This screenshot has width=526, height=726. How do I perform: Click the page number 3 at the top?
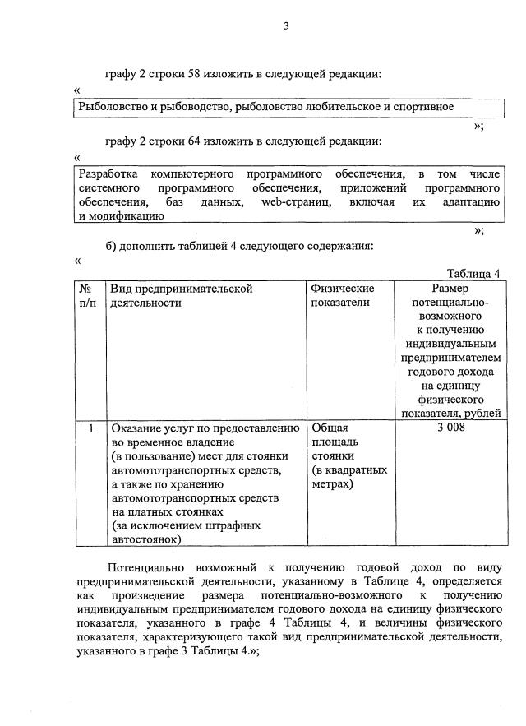(286, 25)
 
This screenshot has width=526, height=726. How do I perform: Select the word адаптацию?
(472, 202)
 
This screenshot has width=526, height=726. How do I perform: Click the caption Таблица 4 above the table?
(473, 274)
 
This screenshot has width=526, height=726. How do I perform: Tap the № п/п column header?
(87, 295)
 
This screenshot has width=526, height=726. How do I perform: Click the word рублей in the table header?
(483, 413)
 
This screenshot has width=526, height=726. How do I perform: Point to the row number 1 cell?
(90, 428)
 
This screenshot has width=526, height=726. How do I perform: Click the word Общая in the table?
(330, 428)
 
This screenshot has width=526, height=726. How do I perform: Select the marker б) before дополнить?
(113, 246)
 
